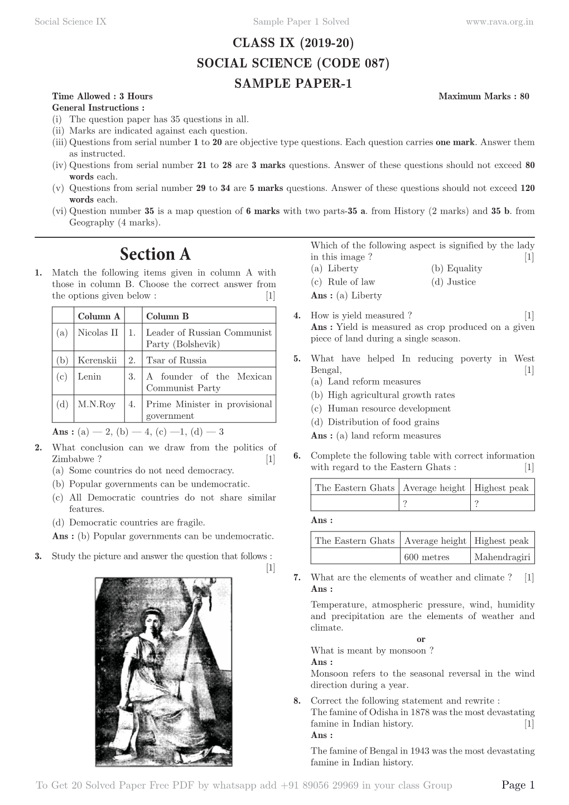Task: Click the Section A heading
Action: [155, 255]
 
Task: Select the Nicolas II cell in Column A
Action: [98, 333]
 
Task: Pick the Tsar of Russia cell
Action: [176, 361]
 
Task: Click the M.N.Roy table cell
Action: [97, 404]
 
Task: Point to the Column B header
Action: [167, 317]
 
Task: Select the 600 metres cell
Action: [427, 557]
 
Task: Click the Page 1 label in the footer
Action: [518, 785]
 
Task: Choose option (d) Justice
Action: [453, 282]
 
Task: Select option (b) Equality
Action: [456, 269]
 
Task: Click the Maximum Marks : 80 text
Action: [484, 96]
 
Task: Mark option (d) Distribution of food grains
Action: [375, 422]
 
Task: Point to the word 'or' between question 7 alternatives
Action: [421, 639]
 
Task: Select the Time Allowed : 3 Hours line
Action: [102, 96]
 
